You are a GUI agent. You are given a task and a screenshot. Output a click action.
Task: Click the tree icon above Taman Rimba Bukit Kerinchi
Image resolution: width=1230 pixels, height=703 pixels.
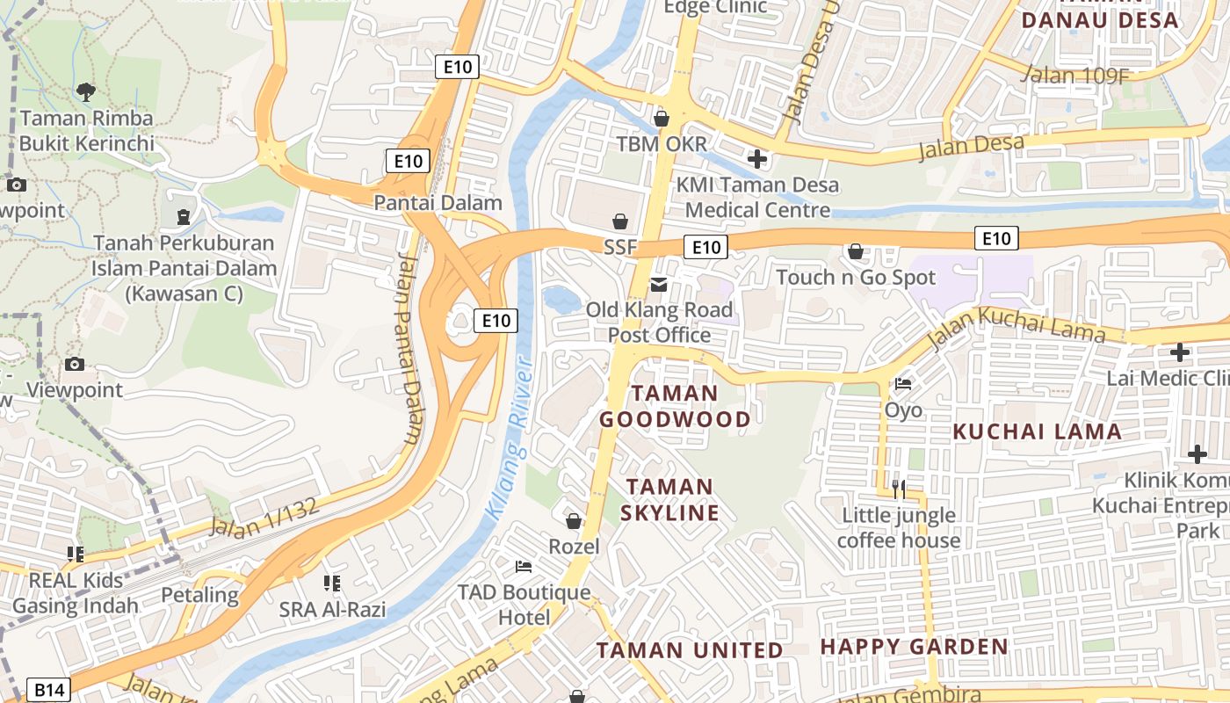[86, 91]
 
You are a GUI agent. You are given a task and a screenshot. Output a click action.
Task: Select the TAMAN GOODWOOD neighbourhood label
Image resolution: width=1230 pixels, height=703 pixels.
[675, 406]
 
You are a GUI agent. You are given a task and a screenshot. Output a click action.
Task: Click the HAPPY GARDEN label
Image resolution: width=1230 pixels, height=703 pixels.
[914, 648]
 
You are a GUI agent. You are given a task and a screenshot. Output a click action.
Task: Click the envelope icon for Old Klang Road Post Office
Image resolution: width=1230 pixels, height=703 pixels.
[659, 285]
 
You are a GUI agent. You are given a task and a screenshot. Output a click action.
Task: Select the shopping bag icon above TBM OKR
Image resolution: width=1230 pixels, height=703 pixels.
[662, 118]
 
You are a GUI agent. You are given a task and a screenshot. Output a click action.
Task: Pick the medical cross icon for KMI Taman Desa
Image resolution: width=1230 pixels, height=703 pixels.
[756, 159]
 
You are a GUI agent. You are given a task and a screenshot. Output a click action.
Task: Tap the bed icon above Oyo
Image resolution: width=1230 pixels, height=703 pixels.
[902, 384]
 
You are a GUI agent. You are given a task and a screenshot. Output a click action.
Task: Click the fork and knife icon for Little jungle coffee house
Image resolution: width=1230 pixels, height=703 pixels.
[898, 489]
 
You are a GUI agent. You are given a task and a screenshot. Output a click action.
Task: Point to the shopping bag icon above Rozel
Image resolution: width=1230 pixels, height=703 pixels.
[574, 522]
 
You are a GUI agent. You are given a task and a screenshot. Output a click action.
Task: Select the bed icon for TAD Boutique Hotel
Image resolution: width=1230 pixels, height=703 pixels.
[524, 567]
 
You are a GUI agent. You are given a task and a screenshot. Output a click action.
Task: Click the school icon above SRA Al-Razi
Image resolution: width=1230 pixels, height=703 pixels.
[331, 583]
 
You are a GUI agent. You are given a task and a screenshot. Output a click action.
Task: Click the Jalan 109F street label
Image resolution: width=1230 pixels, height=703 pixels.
[1075, 75]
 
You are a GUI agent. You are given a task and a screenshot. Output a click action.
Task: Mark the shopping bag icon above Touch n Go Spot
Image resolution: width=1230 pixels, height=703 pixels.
[856, 252]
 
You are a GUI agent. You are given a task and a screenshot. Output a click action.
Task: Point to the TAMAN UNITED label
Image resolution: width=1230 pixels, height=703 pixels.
[690, 650]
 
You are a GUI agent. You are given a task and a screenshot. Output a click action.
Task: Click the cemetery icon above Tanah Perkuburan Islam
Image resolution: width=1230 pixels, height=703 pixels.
[183, 216]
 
